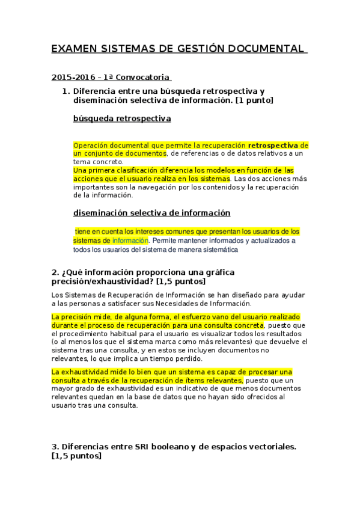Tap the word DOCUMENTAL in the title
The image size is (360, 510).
click(x=271, y=49)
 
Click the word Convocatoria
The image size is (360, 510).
click(x=145, y=78)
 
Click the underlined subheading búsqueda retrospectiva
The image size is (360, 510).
click(x=122, y=118)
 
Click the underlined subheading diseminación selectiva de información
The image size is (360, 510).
click(x=151, y=213)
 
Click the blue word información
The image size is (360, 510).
click(x=130, y=241)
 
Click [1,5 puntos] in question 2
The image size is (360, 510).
click(x=181, y=281)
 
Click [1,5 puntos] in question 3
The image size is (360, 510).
click(x=77, y=457)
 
